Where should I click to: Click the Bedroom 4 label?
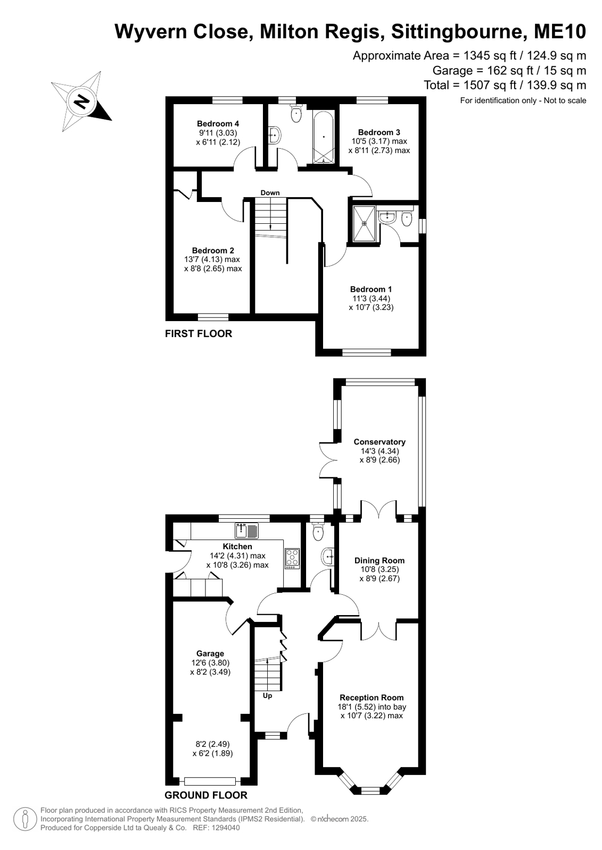pos(218,124)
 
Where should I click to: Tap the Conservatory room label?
pos(380,442)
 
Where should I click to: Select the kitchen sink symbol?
pos(246,531)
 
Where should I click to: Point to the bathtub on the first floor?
pos(324,137)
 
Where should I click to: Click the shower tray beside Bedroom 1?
pos(364,224)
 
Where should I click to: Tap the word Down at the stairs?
pos(270,193)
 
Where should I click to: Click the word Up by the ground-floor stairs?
pos(268,696)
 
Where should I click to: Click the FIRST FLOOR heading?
pos(199,333)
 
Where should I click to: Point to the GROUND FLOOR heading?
pos(205,795)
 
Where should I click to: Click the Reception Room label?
pos(372,697)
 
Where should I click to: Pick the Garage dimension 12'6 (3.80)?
pos(210,662)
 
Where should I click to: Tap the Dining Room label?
pos(380,560)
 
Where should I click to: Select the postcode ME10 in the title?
pos(560,31)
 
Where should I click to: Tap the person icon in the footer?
pos(25,819)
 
